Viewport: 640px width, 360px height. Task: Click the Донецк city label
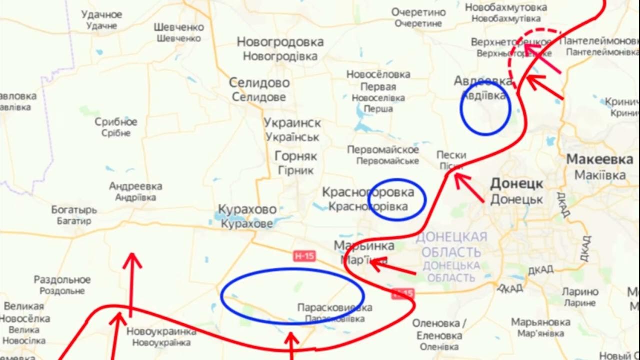tap(516, 184)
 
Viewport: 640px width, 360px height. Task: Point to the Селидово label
tap(259, 83)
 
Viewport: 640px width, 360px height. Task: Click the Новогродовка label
tap(280, 42)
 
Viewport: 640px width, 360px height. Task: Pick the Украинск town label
tap(292, 123)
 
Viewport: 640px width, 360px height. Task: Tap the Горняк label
tap(296, 156)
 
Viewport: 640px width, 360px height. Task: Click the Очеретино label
tap(418, 12)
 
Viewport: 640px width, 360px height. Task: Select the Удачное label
tap(102, 15)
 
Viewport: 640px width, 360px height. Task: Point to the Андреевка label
tap(135, 186)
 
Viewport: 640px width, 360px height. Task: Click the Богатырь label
tap(74, 210)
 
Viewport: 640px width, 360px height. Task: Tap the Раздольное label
tap(62, 280)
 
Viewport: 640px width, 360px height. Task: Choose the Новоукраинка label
tap(161, 331)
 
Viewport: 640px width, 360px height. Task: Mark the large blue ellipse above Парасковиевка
tap(292, 270)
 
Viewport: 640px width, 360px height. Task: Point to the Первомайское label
tap(383, 150)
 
